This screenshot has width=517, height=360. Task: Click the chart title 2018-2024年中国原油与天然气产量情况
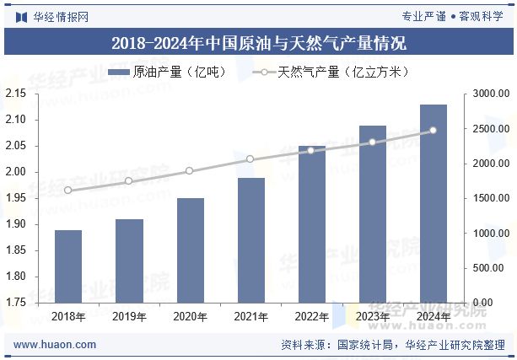258,43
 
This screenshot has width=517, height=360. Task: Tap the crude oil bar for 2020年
190,250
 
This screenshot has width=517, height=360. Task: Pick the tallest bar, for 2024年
433,203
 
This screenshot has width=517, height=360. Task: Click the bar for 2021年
250,239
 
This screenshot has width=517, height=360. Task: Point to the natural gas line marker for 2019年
129,181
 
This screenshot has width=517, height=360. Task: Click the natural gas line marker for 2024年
433,131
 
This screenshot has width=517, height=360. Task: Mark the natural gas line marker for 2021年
250,159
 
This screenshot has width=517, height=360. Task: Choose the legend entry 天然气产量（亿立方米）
331,73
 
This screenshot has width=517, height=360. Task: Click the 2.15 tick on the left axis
15,94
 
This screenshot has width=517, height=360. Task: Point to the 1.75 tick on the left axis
15,302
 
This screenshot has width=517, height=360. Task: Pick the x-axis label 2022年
311,317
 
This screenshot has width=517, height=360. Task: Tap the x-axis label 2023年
372,317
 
